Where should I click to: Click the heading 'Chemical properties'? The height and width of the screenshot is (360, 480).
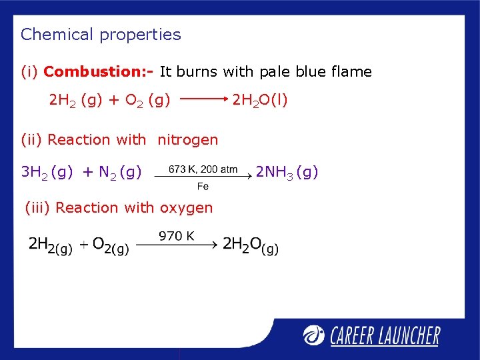tap(101, 35)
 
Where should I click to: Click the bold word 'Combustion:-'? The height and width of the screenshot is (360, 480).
tap(99, 71)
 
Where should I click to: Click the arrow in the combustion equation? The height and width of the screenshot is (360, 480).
tap(204, 100)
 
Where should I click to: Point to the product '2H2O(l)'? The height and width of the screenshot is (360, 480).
tap(259, 100)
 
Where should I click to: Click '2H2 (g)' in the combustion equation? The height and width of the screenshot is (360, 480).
tap(75, 101)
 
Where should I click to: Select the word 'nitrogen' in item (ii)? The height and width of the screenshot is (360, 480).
tap(187, 139)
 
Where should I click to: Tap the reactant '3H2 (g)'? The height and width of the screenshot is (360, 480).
tap(47, 173)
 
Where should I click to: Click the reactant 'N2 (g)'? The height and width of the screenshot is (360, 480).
tap(120, 173)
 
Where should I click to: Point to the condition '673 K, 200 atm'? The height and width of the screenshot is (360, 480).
tap(203, 169)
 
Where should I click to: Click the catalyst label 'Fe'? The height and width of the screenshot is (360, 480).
tap(203, 187)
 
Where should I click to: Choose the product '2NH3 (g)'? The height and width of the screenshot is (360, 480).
tap(287, 173)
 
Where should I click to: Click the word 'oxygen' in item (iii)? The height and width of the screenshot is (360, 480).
tap(187, 207)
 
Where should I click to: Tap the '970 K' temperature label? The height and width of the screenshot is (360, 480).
tap(177, 235)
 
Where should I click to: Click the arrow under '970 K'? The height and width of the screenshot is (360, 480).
tap(177, 245)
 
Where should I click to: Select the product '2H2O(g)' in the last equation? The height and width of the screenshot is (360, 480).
tap(251, 245)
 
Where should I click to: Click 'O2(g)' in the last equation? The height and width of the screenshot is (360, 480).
tap(110, 245)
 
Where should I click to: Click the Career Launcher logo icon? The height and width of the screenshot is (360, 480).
tap(314, 335)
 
